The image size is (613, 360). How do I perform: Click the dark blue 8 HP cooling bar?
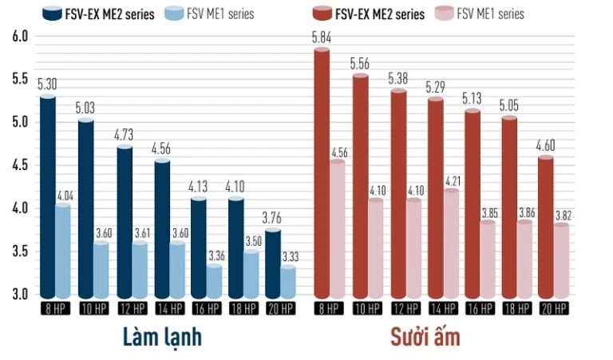[x=48, y=196]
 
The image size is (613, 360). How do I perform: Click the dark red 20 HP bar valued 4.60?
[x=545, y=227]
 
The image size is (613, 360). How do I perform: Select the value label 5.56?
[x=360, y=63]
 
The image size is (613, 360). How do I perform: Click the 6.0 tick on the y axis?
[x=20, y=36]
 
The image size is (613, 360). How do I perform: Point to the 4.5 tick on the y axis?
[x=20, y=165]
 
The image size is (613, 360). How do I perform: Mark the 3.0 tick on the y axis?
[x=20, y=295]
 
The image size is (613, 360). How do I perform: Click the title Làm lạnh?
[x=162, y=337]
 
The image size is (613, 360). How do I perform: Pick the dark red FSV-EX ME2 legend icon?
[x=323, y=14]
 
